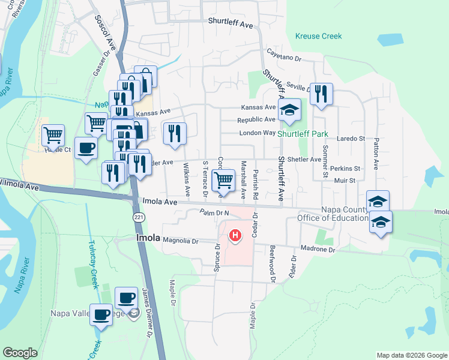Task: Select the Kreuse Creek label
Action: pyautogui.click(x=318, y=36)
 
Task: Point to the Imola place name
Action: pyautogui.click(x=148, y=238)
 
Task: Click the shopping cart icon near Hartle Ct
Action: pyautogui.click(x=53, y=136)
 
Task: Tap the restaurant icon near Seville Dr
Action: pyautogui.click(x=321, y=94)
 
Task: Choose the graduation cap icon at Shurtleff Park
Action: pyautogui.click(x=289, y=110)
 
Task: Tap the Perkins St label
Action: pyautogui.click(x=348, y=169)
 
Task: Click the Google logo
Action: pyautogui.click(x=20, y=352)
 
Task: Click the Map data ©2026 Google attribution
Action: pyautogui.click(x=411, y=355)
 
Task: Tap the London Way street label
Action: pyautogui.click(x=257, y=133)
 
